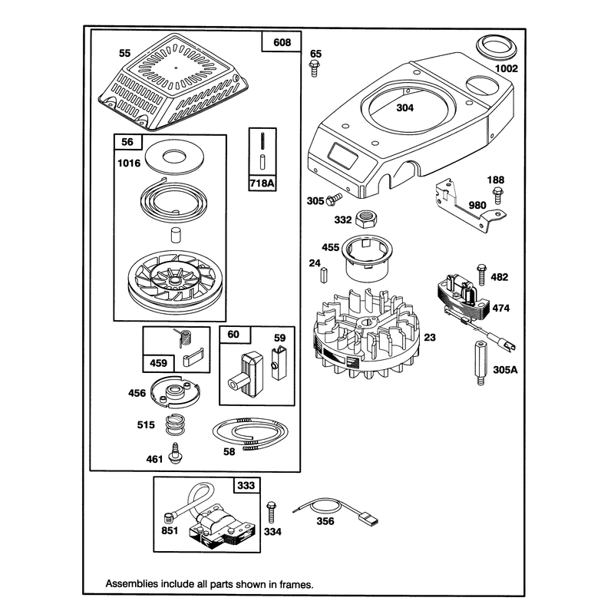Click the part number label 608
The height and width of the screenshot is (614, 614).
[x=282, y=42]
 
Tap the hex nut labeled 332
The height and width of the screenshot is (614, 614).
[x=366, y=219]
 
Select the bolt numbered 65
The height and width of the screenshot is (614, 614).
[x=314, y=68]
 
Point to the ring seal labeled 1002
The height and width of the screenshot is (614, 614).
[x=496, y=49]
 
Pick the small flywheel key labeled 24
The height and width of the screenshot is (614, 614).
[x=323, y=275]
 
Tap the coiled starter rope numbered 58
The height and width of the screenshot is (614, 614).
[x=251, y=433]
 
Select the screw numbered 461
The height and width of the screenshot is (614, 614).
[x=175, y=453]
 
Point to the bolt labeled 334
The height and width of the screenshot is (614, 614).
[x=271, y=512]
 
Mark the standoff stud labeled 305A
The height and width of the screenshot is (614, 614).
[x=481, y=363]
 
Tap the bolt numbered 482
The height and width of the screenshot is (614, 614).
[x=481, y=275]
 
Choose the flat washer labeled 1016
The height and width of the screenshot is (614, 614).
[x=174, y=157]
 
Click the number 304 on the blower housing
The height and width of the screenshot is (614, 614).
[x=405, y=107]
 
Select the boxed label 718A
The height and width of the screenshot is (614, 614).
[x=262, y=183]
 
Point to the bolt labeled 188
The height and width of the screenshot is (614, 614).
[x=497, y=196]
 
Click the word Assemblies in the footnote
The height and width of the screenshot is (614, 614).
[x=126, y=584]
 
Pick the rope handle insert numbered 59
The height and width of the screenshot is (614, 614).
[x=279, y=362]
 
